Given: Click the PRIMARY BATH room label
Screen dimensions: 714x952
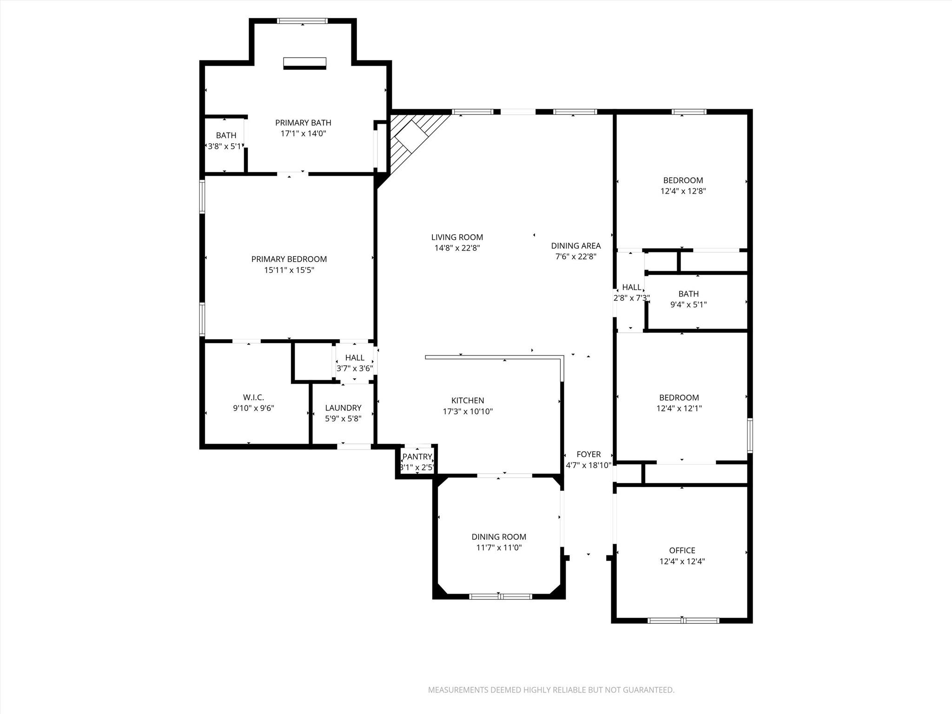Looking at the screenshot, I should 303,123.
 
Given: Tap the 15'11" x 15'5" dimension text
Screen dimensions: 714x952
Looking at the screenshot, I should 289,270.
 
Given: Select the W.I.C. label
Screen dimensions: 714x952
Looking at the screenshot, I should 253,397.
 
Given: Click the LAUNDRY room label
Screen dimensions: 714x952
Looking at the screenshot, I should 343,408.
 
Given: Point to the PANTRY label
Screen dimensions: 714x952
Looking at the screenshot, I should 417,456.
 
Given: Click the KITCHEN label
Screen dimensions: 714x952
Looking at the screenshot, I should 468,400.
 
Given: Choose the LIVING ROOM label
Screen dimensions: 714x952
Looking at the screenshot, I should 457,237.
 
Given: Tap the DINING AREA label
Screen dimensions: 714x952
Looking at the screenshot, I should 576,245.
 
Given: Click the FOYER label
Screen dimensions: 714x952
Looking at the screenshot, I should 588,454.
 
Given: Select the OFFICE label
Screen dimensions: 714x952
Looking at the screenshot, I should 682,550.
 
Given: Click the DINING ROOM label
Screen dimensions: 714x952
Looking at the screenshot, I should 499,537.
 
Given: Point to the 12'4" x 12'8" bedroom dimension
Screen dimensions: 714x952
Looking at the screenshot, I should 683,191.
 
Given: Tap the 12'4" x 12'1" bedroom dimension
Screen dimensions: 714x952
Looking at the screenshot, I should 679,409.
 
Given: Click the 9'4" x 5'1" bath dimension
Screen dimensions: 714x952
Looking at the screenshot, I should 688,305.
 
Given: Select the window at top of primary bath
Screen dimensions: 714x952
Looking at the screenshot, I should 302,21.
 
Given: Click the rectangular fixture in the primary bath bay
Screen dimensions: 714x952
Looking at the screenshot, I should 305,63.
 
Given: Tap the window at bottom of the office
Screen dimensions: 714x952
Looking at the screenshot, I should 683,620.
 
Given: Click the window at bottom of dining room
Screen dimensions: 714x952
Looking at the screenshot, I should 500,596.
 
